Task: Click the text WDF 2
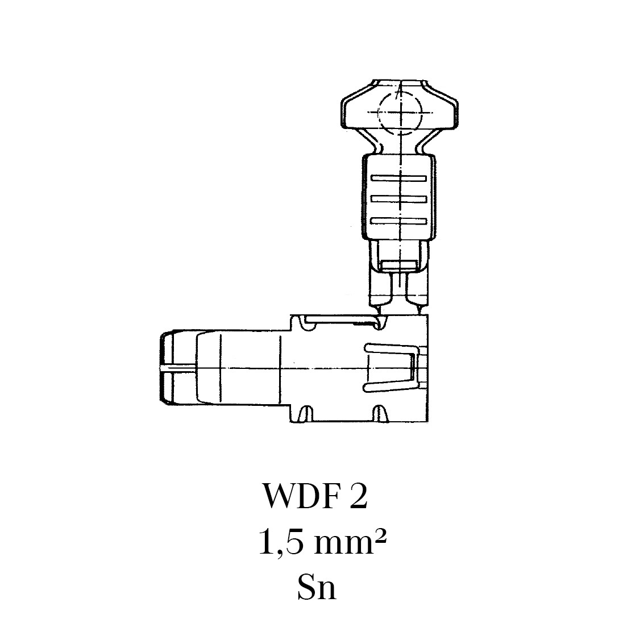pyautogui.click(x=315, y=497)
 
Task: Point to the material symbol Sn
pyautogui.click(x=317, y=589)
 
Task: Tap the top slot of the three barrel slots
pyautogui.click(x=399, y=178)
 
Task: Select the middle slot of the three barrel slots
pyautogui.click(x=399, y=199)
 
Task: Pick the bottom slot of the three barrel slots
pyautogui.click(x=399, y=220)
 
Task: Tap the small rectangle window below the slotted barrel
pyautogui.click(x=398, y=265)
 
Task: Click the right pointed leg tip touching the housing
pyautogui.click(x=419, y=310)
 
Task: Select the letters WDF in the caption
pyautogui.click(x=301, y=497)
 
